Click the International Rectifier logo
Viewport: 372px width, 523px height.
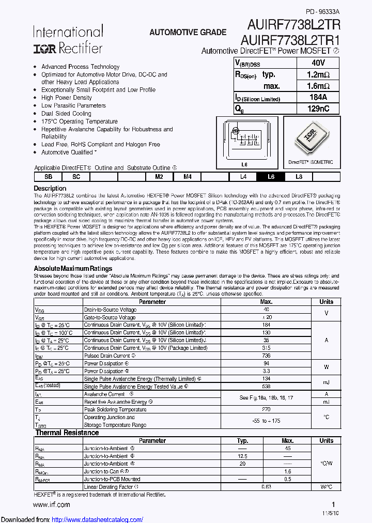point(68,40)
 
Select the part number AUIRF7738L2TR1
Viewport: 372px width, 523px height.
point(290,40)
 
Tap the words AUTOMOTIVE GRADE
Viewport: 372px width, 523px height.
point(188,32)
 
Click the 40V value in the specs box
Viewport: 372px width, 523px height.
point(318,63)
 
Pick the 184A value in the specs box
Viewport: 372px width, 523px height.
point(318,97)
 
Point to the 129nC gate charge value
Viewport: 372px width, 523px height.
point(318,109)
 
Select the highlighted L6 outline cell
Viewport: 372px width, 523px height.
point(271,177)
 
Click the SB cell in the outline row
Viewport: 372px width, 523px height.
point(48,177)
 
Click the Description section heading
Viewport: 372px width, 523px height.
point(50,189)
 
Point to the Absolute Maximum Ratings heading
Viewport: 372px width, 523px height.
point(73,269)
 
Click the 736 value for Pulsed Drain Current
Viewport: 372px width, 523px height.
point(266,356)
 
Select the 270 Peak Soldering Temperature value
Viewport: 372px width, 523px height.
point(266,409)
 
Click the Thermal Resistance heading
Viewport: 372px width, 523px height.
point(67,433)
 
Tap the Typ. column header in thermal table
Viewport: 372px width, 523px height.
point(243,441)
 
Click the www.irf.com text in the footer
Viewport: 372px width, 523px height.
point(52,504)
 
